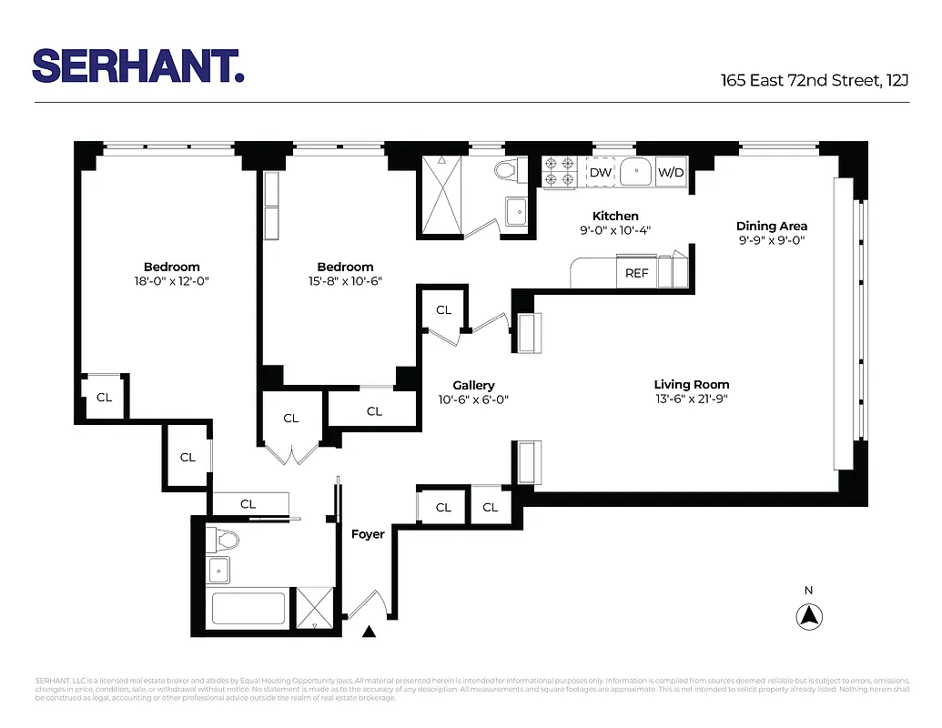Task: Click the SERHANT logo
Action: pos(137,66)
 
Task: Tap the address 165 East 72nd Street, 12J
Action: pos(815,80)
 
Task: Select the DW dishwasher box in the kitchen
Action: pos(600,172)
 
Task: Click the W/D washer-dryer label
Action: pos(671,172)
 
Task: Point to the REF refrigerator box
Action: pos(637,273)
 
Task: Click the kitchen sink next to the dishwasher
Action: pos(636,171)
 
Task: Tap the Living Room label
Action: pos(691,385)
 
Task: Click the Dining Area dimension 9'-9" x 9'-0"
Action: pos(771,241)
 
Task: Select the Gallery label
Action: pos(473,386)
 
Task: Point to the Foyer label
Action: pos(368,534)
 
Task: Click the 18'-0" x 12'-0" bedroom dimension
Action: pos(171,282)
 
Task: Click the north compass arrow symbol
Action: pos(808,617)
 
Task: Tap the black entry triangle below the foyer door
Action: pos(369,632)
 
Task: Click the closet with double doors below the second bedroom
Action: pos(290,419)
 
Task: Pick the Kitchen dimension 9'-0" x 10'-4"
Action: pos(615,231)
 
